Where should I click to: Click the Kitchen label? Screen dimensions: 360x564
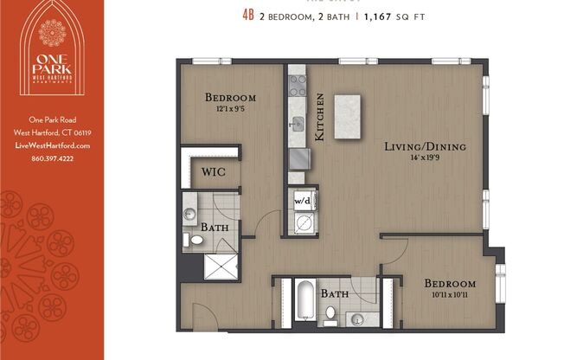319,118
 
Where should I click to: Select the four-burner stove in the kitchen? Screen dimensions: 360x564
298,85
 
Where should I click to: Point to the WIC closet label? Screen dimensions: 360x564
214,171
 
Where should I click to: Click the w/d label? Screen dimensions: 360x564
302,200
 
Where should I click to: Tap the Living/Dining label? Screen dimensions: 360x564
425,147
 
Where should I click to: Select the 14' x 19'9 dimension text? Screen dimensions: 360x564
425,158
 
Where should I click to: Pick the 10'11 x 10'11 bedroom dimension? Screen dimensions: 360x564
450,296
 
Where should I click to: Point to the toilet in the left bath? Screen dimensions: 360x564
191,239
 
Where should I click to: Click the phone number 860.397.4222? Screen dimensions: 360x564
52,158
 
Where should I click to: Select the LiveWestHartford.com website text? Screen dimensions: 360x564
52,146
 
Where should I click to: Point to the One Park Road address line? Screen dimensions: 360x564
52,120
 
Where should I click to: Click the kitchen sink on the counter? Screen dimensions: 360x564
297,122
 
